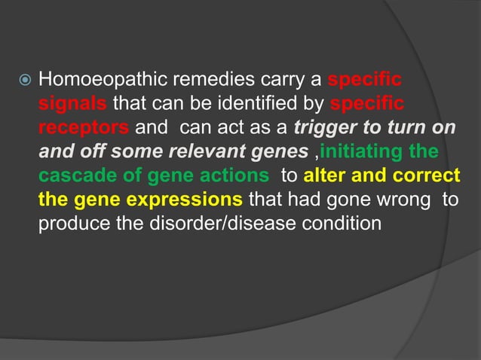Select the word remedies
click(191, 79)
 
